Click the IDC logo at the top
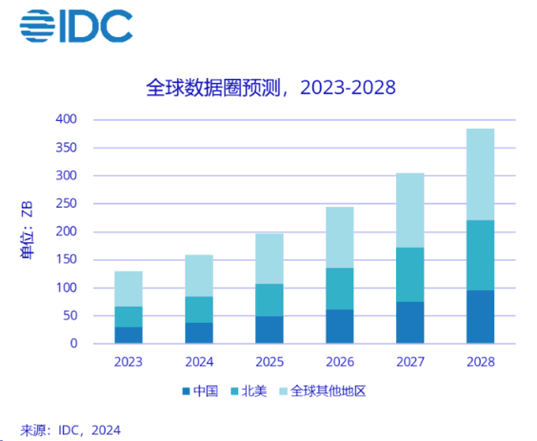pyautogui.click(x=76, y=26)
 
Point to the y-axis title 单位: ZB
pyautogui.click(x=28, y=231)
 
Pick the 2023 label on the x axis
pyautogui.click(x=128, y=362)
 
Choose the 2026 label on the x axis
pyautogui.click(x=340, y=362)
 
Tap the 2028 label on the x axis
pyautogui.click(x=480, y=362)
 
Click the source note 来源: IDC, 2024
pyautogui.click(x=70, y=430)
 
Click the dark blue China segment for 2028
pyautogui.click(x=480, y=317)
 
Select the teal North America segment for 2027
pyautogui.click(x=409, y=274)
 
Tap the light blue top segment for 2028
pyautogui.click(x=480, y=174)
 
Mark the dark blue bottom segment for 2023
pyautogui.click(x=128, y=335)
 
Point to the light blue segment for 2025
pyautogui.click(x=269, y=258)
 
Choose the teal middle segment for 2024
pyautogui.click(x=199, y=309)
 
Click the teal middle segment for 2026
pyautogui.click(x=340, y=288)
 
